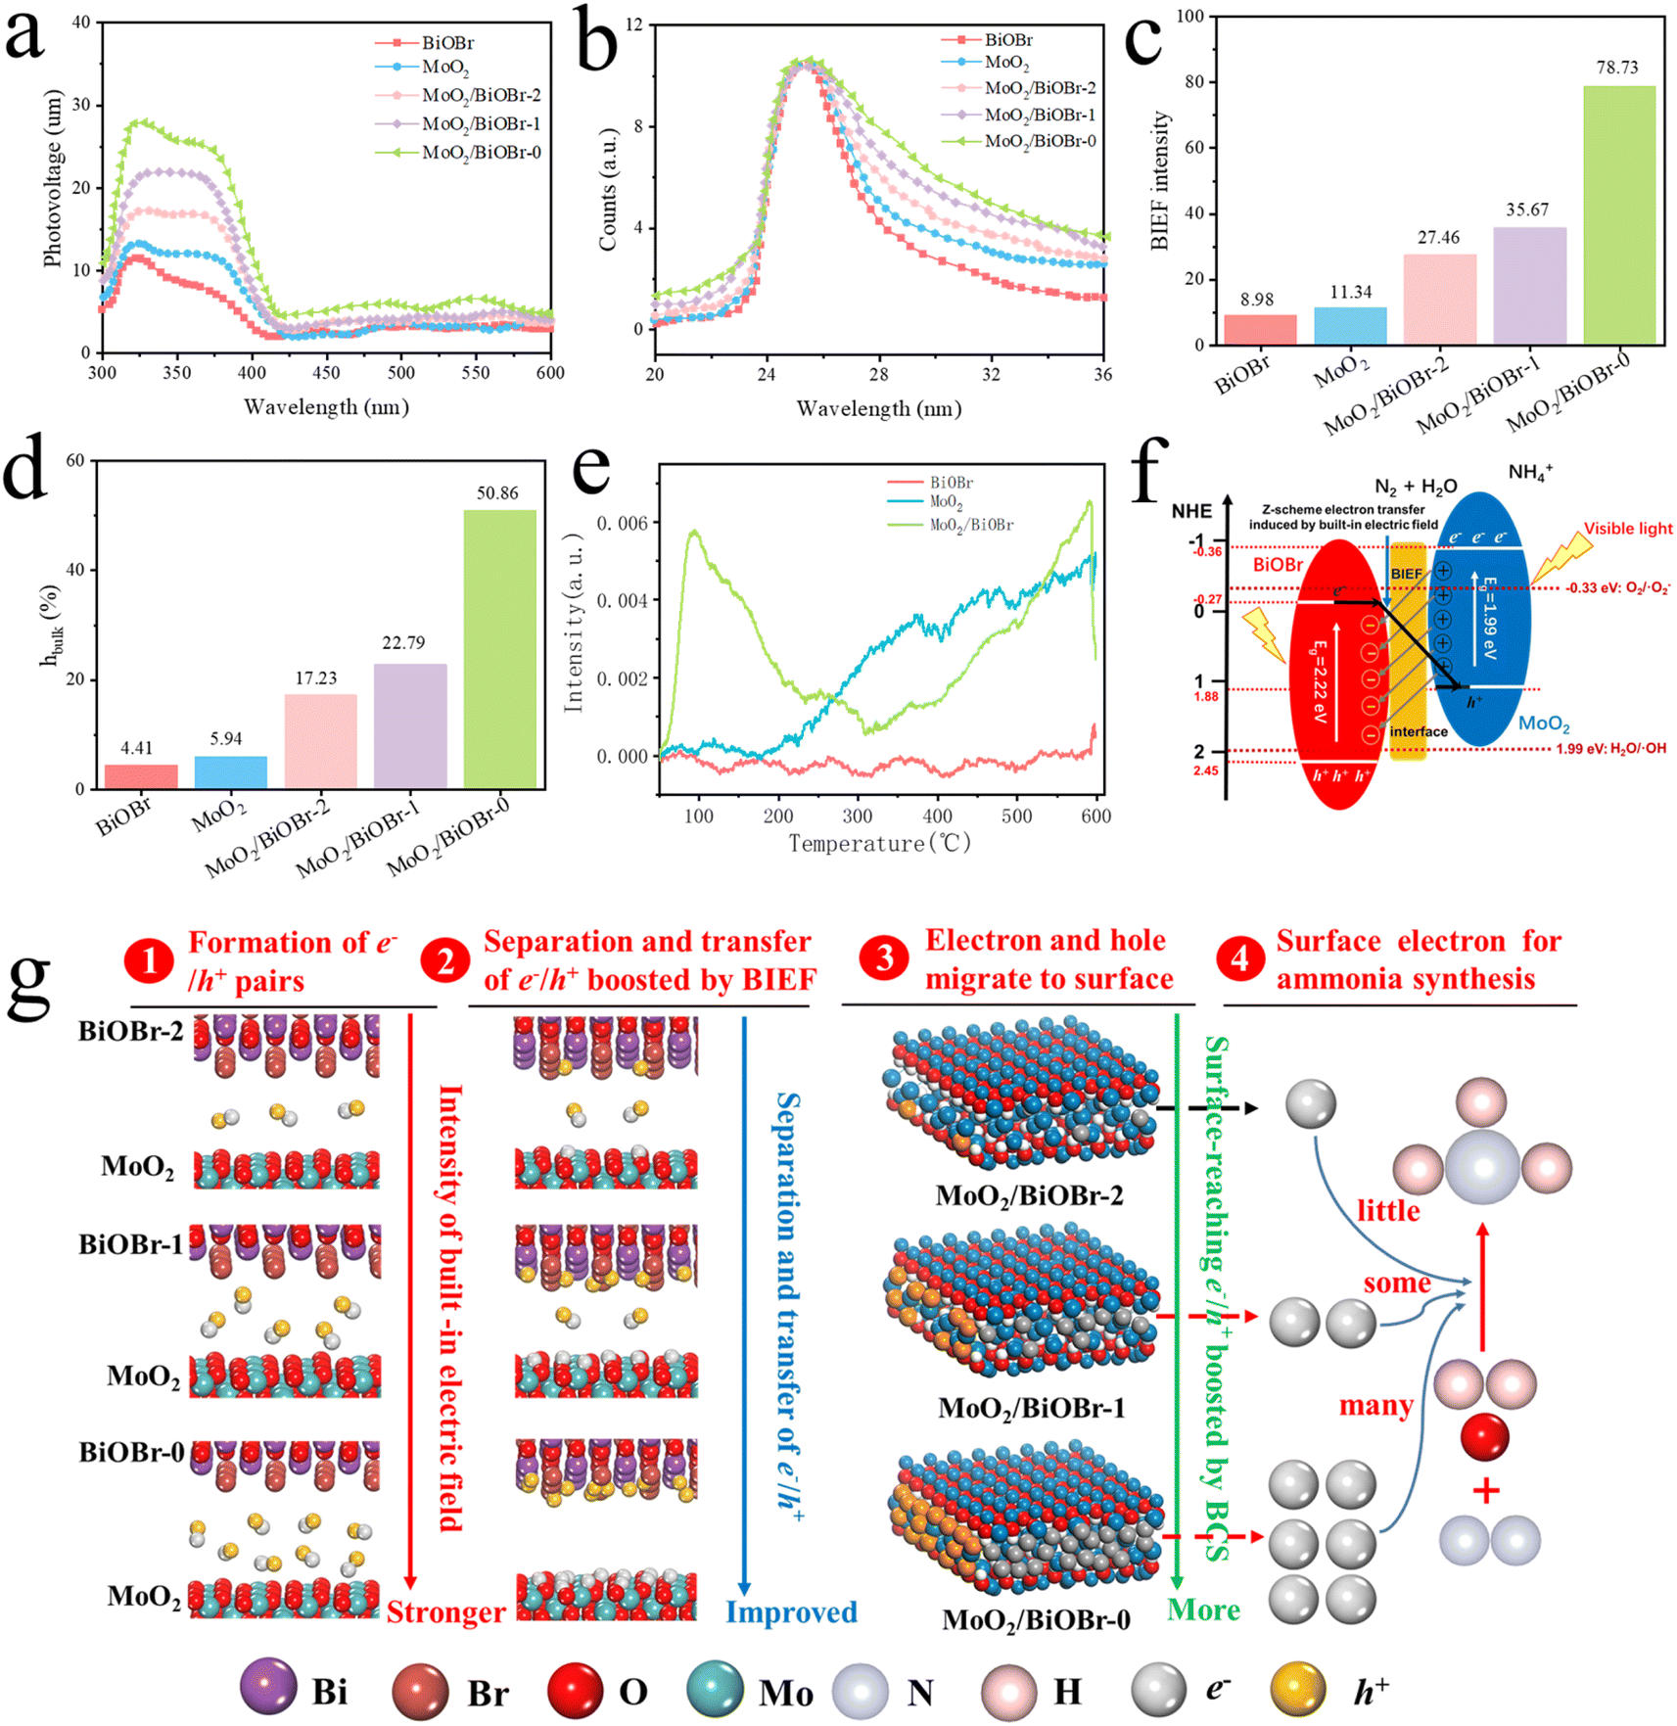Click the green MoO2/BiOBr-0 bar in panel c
[x=1619, y=215]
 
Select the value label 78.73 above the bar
[x=1617, y=68]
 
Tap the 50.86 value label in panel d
[x=497, y=493]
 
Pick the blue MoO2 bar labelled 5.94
[x=231, y=772]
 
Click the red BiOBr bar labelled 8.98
[x=1260, y=330]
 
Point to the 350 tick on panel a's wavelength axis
[x=176, y=373]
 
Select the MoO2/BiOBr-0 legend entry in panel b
[x=1019, y=141]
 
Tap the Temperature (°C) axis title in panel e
[x=880, y=844]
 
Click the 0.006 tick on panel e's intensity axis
[x=622, y=524]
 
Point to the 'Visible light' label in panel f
[x=1628, y=529]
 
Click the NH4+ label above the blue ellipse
[x=1530, y=473]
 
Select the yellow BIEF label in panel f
[x=1407, y=574]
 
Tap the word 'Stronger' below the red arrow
[x=446, y=1612]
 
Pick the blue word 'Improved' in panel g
[x=791, y=1612]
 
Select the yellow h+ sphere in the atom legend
[x=1298, y=1691]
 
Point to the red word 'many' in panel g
[x=1375, y=1406]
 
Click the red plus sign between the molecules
[x=1486, y=1492]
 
